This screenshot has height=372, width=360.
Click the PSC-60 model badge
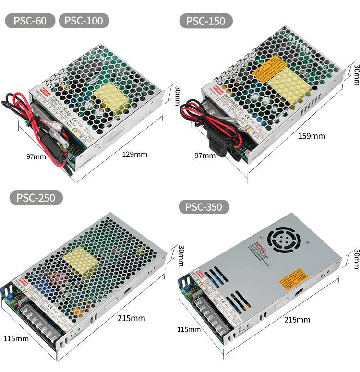(x=30, y=21)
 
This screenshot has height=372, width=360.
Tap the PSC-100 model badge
(x=84, y=21)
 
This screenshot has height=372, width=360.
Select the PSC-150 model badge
(x=206, y=21)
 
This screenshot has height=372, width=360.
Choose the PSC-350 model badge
(x=204, y=207)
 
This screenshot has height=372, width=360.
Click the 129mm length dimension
(x=135, y=154)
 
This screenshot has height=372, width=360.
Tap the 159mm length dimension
(x=312, y=136)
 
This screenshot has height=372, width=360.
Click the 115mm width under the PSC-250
(x=16, y=338)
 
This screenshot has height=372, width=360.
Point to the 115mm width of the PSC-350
(x=189, y=329)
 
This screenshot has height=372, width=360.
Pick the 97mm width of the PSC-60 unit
(x=36, y=156)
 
